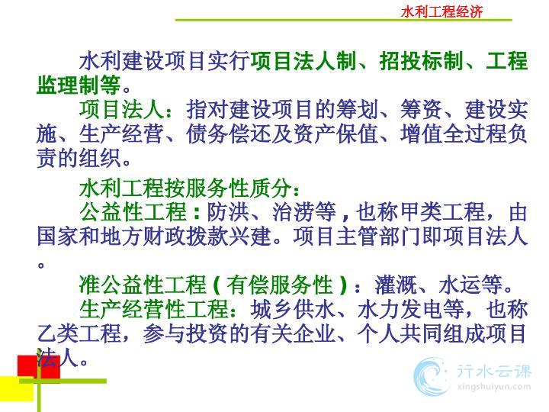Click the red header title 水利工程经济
coord(441,11)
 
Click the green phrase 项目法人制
coord(303,60)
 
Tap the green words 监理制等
coord(79,85)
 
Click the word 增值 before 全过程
coord(421,134)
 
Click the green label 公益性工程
coord(133,212)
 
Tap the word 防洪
coord(228,212)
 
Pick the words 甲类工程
coord(442,212)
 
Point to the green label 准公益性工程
coord(143,285)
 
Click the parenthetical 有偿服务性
coord(279,285)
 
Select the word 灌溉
coord(396,285)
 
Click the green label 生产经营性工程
coord(154,309)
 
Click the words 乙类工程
coord(79,333)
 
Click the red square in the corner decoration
coord(39,366)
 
